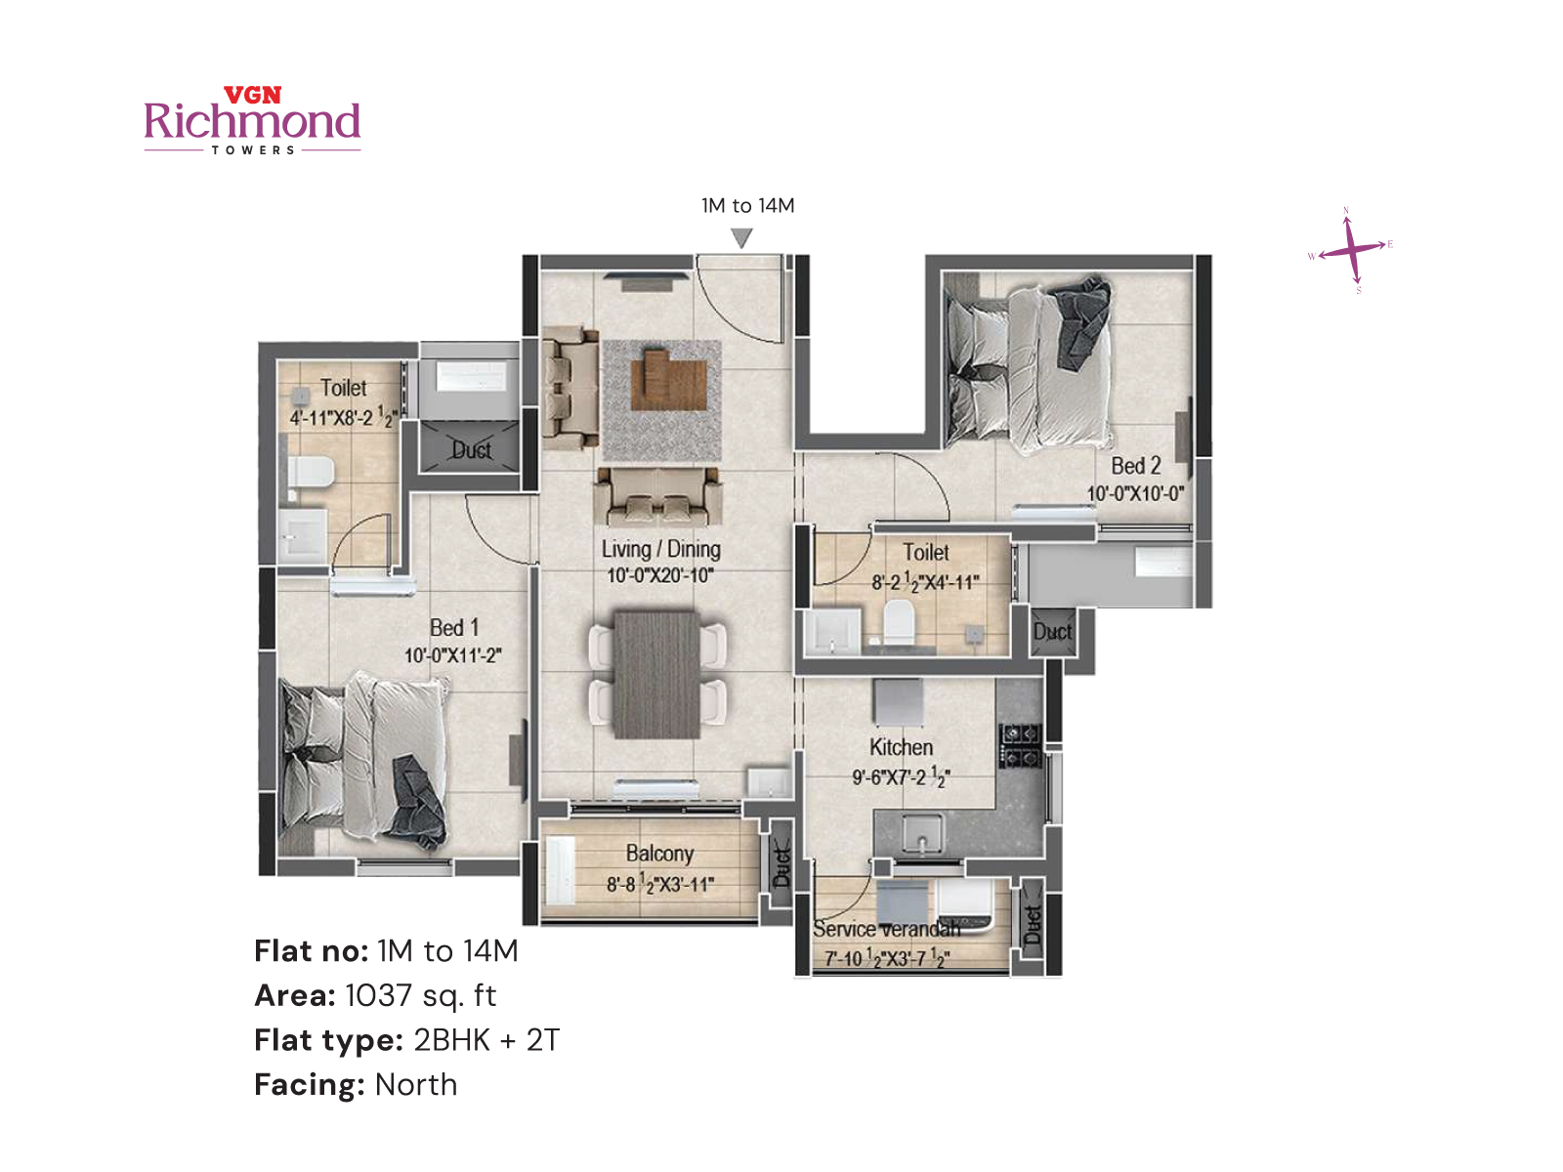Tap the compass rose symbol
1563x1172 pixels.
coord(1352,250)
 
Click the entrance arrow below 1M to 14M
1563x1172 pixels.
coord(741,237)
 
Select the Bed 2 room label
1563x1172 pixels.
coord(1135,466)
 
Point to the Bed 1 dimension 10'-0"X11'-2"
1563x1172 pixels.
coord(453,655)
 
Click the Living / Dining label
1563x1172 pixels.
coord(660,550)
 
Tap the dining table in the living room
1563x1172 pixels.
coord(655,674)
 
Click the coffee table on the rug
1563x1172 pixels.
coord(667,380)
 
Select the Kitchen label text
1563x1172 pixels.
coord(901,747)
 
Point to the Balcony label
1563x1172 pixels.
coord(659,854)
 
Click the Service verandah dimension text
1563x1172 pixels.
coord(886,959)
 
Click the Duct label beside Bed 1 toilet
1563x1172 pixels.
coord(470,450)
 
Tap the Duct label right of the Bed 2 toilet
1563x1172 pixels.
coord(1052,632)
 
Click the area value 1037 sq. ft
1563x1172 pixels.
coord(420,995)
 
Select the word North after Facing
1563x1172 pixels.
coord(416,1085)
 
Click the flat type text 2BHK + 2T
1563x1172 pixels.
coord(486,1040)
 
